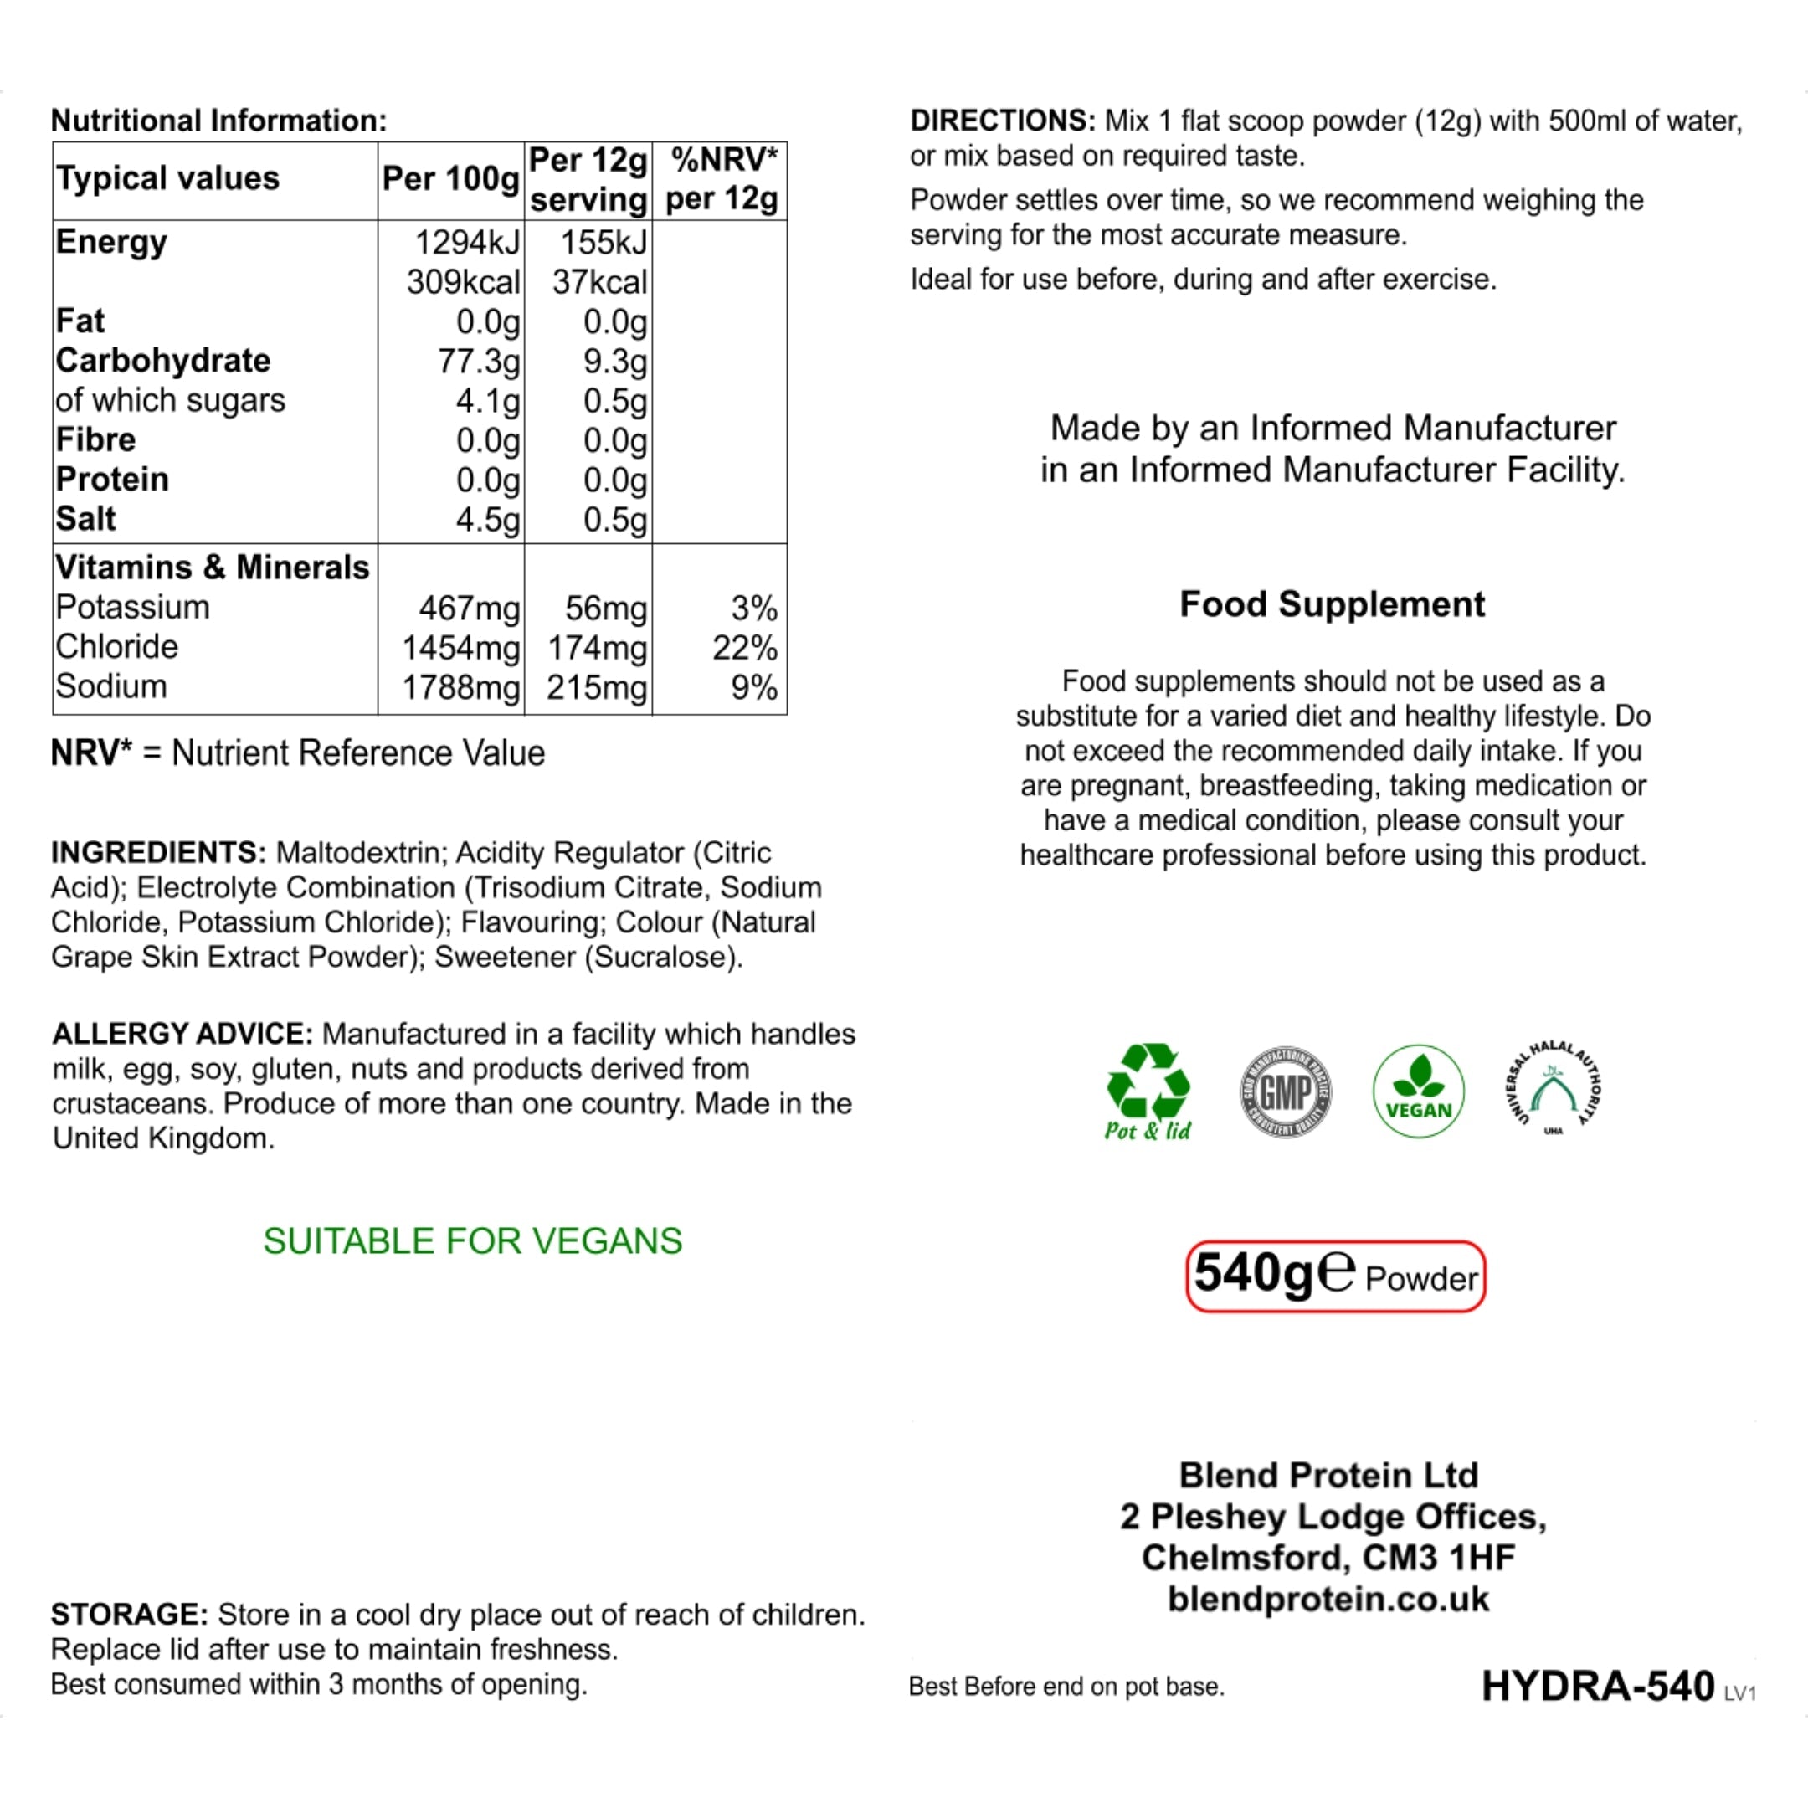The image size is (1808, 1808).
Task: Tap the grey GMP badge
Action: click(1286, 1091)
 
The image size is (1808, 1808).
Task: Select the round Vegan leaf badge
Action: click(1418, 1091)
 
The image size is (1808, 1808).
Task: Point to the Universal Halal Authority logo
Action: click(1554, 1089)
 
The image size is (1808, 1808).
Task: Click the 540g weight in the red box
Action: click(1254, 1274)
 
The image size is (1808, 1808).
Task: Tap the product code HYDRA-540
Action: click(1597, 1686)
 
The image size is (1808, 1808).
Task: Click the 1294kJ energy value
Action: click(466, 243)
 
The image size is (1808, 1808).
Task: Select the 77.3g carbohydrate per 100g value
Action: click(478, 362)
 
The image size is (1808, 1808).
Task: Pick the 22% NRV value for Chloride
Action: click(744, 648)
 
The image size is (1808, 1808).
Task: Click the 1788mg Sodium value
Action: click(460, 688)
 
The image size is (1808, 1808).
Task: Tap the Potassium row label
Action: click(132, 608)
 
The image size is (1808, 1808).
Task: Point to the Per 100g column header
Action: click(450, 179)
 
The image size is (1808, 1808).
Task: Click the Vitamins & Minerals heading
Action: click(213, 568)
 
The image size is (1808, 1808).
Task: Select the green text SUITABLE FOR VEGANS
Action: click(473, 1240)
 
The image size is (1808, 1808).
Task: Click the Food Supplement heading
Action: click(1332, 604)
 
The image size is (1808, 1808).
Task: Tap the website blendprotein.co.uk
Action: click(1328, 1599)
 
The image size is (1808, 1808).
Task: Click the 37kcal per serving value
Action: click(599, 282)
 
